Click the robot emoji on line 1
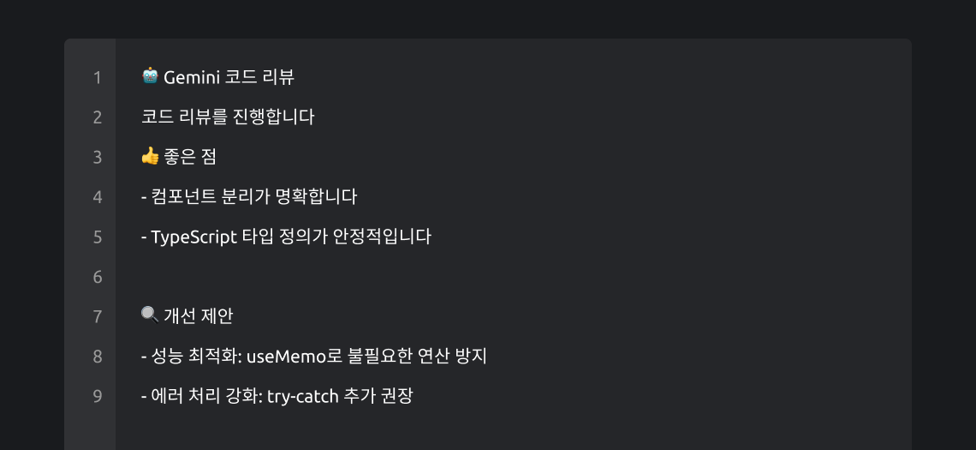(x=150, y=77)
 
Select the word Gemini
(x=192, y=77)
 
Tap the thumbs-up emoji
(x=150, y=156)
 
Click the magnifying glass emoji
(x=150, y=315)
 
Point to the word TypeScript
(x=193, y=237)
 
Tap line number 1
(x=98, y=78)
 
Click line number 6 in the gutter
(x=98, y=277)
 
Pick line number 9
(x=98, y=396)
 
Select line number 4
(x=98, y=197)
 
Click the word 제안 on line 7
(x=217, y=315)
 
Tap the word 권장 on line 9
(x=397, y=396)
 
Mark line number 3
(x=98, y=157)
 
